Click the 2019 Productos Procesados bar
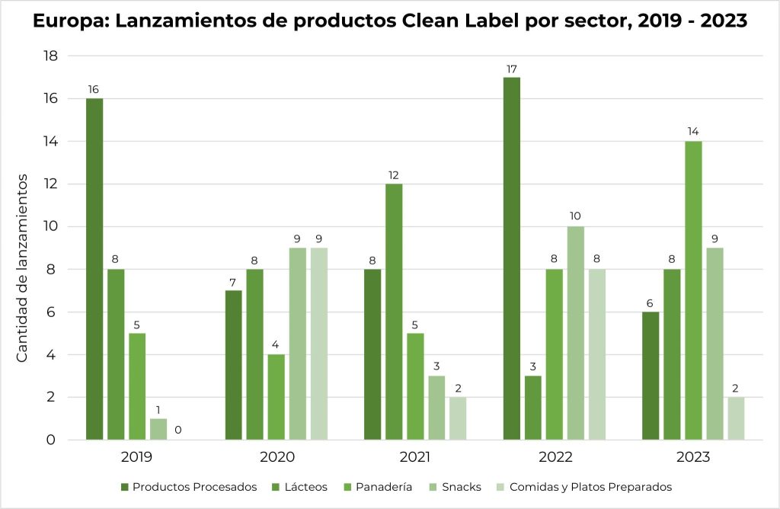[94, 269]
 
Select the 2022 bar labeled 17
[512, 258]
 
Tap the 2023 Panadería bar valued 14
[693, 290]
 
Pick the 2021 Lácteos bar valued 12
[394, 312]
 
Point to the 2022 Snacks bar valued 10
[575, 333]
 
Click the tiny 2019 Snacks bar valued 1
[158, 429]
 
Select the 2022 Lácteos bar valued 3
[533, 408]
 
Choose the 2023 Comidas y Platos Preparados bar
[736, 418]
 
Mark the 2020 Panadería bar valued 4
[276, 397]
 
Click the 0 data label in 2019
[178, 431]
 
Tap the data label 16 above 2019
[94, 89]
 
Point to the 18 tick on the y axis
[50, 56]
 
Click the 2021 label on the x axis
[414, 458]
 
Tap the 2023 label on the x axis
[692, 458]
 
